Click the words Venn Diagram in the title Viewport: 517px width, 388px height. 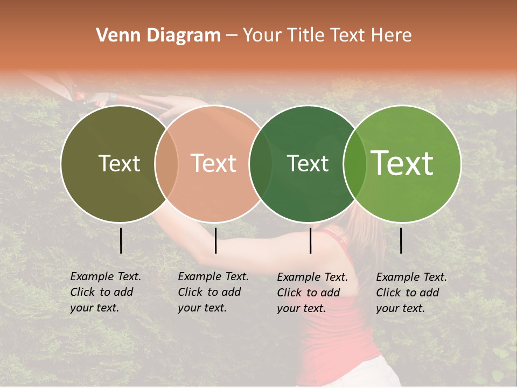coord(158,36)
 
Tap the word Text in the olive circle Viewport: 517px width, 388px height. coord(119,163)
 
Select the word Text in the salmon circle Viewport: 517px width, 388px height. coord(214,163)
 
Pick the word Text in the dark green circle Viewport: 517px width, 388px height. coord(308,163)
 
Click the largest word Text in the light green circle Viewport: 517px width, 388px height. coord(402,163)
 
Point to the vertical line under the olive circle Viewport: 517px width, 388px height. coord(121,240)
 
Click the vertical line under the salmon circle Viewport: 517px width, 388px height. coord(215,240)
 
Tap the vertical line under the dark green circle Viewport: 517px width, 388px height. coord(310,240)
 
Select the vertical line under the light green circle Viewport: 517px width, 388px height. coord(401,240)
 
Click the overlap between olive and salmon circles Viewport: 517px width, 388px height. coord(166,163)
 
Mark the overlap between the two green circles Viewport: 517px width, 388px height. coord(354,163)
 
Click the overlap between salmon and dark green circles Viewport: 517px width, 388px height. coord(260,163)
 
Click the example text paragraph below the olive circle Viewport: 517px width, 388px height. coord(106,292)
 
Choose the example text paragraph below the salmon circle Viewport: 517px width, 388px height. coord(213,292)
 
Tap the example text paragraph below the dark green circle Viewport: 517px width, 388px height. coord(312,293)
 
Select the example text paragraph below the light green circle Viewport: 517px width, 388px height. coord(411,293)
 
